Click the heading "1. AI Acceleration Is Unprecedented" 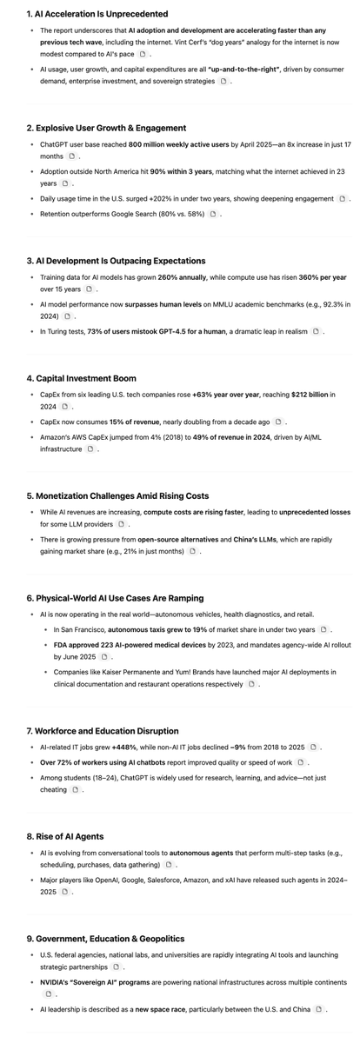[97, 14]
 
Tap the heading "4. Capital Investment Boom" [81, 378]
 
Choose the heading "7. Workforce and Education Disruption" [102, 731]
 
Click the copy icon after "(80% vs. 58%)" [212, 214]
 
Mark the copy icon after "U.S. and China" [319, 1009]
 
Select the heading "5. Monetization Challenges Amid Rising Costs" [117, 495]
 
